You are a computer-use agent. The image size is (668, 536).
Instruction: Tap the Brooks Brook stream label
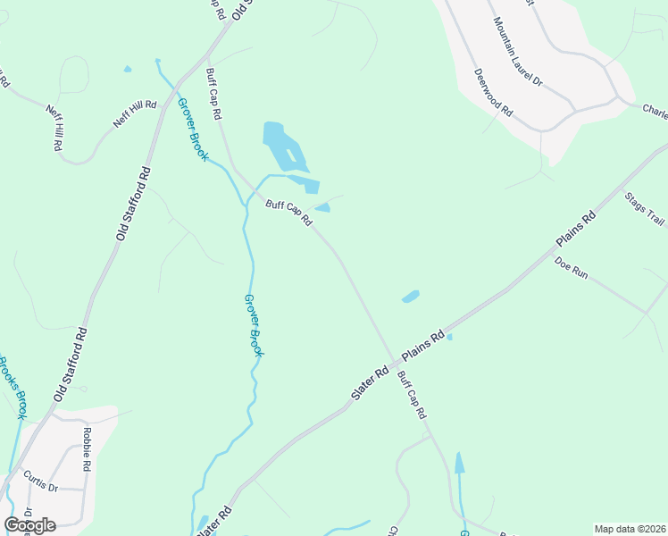(13, 388)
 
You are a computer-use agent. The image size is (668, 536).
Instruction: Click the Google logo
(29, 524)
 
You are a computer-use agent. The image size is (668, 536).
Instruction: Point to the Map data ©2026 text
(629, 529)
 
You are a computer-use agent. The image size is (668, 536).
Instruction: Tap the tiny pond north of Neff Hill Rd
(127, 69)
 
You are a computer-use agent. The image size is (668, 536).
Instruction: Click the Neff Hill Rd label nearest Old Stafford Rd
(135, 113)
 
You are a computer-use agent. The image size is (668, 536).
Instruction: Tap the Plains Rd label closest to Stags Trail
(575, 230)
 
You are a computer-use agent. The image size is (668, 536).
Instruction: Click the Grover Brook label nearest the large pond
(192, 129)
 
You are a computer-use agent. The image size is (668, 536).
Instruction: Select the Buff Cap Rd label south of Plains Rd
(413, 396)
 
